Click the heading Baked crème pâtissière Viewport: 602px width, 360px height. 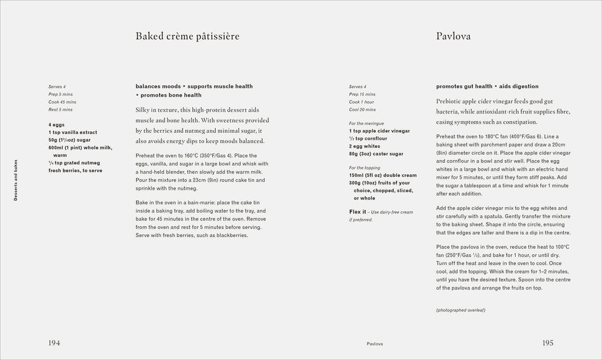187,36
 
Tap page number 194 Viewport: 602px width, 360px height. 55,343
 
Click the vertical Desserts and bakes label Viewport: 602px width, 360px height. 16,179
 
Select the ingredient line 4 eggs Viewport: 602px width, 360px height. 58,124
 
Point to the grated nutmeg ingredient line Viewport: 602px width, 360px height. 72,162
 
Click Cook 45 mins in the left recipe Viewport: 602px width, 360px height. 62,102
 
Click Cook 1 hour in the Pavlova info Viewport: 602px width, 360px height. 362,102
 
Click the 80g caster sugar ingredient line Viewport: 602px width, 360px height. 376,154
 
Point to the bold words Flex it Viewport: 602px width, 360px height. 357,212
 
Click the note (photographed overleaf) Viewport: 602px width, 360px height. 460,310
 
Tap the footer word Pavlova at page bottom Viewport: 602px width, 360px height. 375,344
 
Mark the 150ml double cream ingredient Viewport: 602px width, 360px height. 383,175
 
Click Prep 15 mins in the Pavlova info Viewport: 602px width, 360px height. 362,94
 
